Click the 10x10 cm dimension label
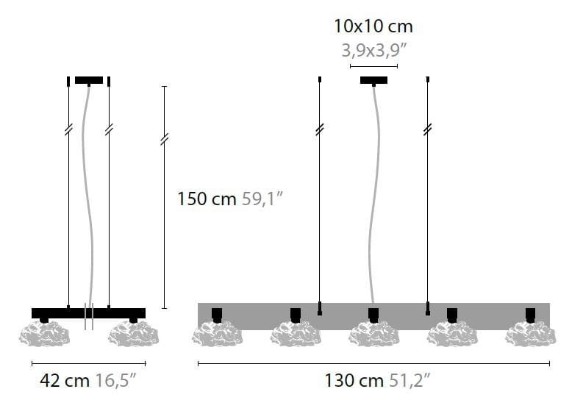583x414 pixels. pos(373,26)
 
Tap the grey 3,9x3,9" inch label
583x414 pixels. pos(374,50)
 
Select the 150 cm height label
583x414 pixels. pos(207,199)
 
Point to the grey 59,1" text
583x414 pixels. pos(262,199)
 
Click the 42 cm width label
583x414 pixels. pos(65,380)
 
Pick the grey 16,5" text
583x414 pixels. pos(116,380)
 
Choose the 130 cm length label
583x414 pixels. pos(354,380)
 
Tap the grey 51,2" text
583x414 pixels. pos(409,380)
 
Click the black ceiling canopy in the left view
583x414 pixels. pos(89,80)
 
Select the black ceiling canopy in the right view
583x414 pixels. pos(373,80)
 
